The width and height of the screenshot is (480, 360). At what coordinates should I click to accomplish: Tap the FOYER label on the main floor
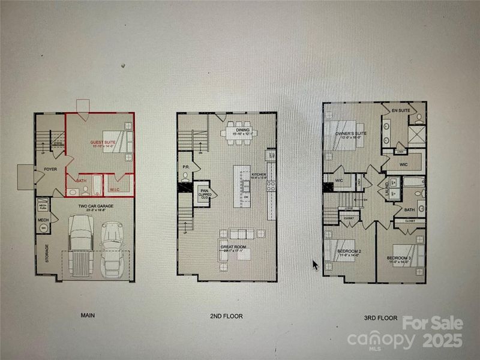tap(50, 169)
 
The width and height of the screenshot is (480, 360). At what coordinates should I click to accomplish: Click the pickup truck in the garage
tap(80, 246)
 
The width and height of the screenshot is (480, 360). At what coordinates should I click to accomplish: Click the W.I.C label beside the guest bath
tap(114, 191)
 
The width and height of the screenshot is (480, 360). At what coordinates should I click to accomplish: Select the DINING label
tap(242, 130)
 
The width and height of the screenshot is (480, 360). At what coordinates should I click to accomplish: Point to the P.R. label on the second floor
tap(187, 167)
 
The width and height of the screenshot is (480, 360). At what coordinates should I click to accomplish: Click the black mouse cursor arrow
tap(315, 265)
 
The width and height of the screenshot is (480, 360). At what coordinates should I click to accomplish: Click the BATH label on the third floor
tap(410, 209)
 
